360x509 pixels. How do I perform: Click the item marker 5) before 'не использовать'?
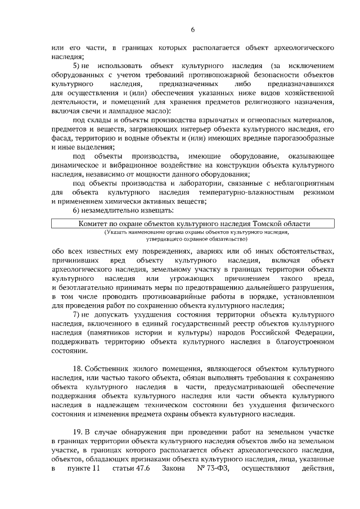coord(77,66)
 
